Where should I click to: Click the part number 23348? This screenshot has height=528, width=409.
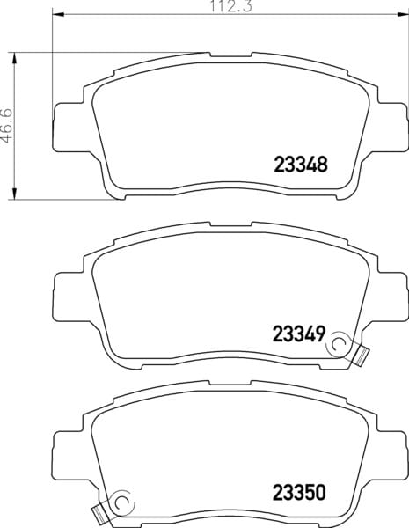301,165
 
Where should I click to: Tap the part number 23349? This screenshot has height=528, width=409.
299,334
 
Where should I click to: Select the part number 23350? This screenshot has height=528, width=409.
299,492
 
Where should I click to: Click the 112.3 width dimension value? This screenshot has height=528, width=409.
231,6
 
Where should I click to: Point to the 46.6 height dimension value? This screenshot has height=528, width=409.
6,125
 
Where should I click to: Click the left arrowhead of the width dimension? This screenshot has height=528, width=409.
58,14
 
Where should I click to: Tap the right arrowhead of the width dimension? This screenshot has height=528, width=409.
403,14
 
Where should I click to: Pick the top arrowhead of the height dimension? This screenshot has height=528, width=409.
14,58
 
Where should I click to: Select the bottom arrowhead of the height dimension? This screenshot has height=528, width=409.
14,194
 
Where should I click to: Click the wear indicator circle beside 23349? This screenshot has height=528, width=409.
339,344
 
